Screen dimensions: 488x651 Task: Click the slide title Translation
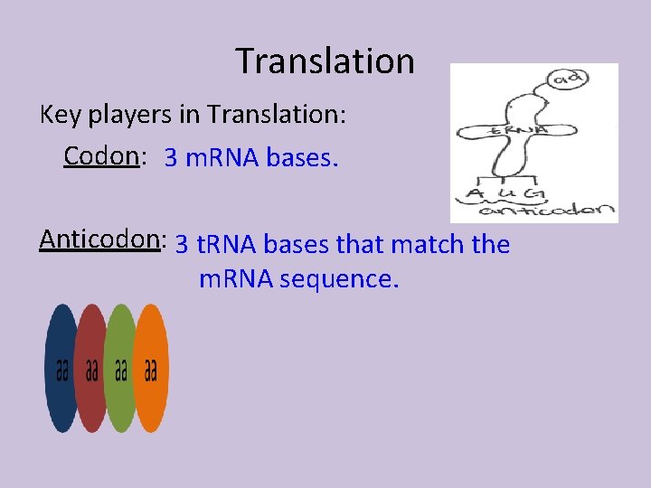(325, 61)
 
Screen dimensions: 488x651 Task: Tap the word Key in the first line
(58, 115)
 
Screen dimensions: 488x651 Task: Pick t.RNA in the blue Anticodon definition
(225, 244)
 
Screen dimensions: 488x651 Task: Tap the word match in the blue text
(420, 244)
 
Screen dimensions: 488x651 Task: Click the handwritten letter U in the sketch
(508, 192)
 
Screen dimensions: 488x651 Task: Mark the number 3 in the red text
(171, 158)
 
